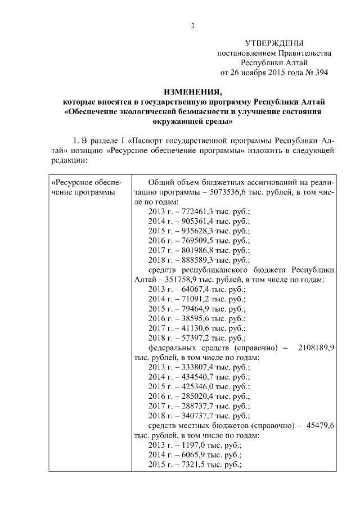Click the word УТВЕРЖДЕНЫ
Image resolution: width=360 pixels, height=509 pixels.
click(274, 43)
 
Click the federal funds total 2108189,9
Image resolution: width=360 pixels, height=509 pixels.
click(316, 347)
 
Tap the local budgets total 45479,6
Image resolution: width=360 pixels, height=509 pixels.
click(319, 425)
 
